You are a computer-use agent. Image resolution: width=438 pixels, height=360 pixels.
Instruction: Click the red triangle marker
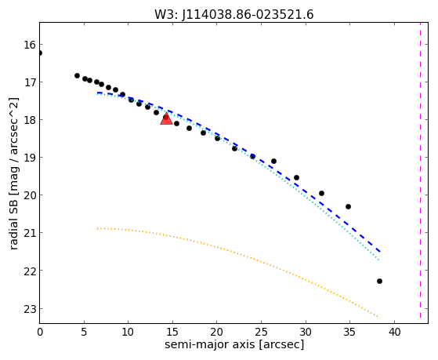[166, 118]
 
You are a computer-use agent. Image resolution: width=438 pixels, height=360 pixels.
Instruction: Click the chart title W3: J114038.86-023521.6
[234, 15]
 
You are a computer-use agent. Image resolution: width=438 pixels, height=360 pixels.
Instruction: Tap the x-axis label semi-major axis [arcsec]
[234, 344]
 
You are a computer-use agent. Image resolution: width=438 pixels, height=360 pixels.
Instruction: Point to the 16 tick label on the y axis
[30, 45]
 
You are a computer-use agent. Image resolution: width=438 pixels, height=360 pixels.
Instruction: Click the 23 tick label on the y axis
[30, 309]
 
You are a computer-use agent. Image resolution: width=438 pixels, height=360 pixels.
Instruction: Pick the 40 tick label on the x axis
[394, 332]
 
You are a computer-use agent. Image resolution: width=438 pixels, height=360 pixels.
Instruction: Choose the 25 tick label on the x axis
[261, 332]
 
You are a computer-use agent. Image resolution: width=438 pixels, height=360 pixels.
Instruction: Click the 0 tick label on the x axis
[40, 332]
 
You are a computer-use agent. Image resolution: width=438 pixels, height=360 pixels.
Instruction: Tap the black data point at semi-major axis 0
[40, 53]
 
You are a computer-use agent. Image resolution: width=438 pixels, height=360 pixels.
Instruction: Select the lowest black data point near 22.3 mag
[379, 281]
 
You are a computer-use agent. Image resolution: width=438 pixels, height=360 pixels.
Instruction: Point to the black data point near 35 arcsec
[348, 207]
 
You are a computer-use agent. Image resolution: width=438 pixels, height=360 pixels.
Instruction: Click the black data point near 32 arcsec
[321, 193]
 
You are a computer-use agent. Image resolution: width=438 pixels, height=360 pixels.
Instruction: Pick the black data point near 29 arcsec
[297, 177]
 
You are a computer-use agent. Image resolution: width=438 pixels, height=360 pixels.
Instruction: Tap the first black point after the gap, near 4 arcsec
[77, 75]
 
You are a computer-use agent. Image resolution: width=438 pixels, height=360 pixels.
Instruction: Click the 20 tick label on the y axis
[30, 195]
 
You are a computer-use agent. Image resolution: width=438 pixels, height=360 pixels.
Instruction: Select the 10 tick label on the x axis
[129, 332]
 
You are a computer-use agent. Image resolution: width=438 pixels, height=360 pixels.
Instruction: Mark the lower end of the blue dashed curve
[380, 252]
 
